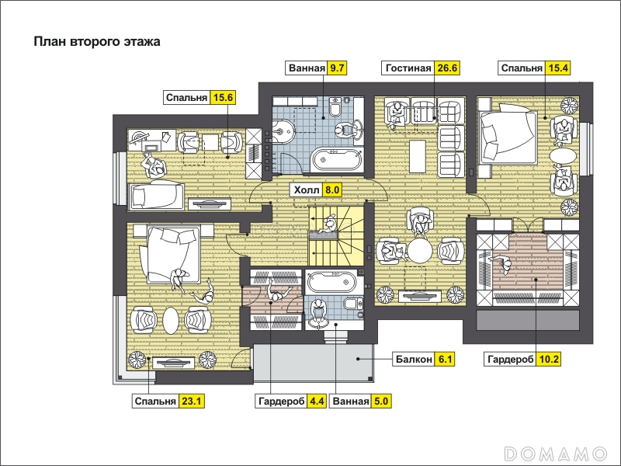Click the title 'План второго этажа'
point(97,42)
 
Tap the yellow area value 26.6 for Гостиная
point(447,68)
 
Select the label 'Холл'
point(306,190)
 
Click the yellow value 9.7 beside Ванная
point(337,68)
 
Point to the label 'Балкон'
point(414,359)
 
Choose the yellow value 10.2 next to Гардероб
point(549,359)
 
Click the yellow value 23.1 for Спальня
point(191,402)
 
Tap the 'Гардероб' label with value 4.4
point(281,402)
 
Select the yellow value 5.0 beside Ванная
point(380,402)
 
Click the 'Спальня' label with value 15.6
point(186,98)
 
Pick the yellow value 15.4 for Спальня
point(557,68)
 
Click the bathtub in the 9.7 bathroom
point(336,159)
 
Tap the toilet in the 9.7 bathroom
point(335,106)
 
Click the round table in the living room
point(420,251)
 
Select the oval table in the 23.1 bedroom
point(171,321)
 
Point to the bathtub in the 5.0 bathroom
point(335,282)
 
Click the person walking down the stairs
point(328,224)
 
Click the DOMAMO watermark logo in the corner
point(556,453)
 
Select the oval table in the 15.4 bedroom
point(563,155)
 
